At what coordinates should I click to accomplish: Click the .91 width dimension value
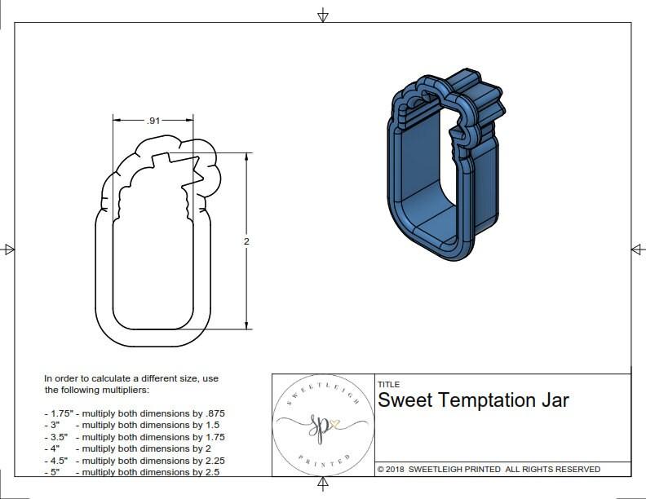point(153,121)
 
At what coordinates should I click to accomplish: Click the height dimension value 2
point(246,241)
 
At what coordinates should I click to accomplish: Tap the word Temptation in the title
point(488,400)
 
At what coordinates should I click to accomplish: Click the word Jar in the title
point(555,400)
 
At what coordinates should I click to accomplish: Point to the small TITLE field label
point(388,385)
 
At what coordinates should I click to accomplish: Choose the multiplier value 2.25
point(211,460)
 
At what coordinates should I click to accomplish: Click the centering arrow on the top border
point(323,15)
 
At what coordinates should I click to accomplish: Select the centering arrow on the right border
point(636,249)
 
